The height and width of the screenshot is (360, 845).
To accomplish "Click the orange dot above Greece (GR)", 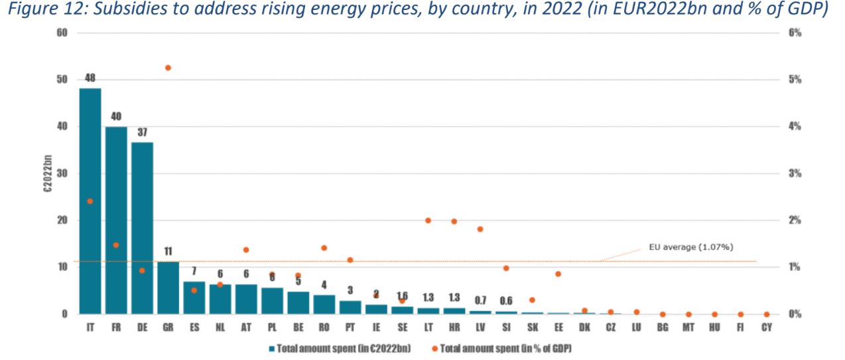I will point(168,68).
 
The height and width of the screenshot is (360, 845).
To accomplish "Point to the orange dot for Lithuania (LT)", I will point(428,220).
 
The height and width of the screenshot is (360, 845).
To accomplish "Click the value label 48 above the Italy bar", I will point(90,78).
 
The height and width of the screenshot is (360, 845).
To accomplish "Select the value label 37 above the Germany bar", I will point(142,132).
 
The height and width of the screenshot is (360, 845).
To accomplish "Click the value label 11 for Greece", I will point(168,251).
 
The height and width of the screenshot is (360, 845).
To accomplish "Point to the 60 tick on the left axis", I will point(64,32).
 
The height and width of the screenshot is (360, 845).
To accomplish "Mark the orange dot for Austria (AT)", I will point(246,250).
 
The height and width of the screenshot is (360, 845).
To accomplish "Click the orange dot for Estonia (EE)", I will point(558,274).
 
